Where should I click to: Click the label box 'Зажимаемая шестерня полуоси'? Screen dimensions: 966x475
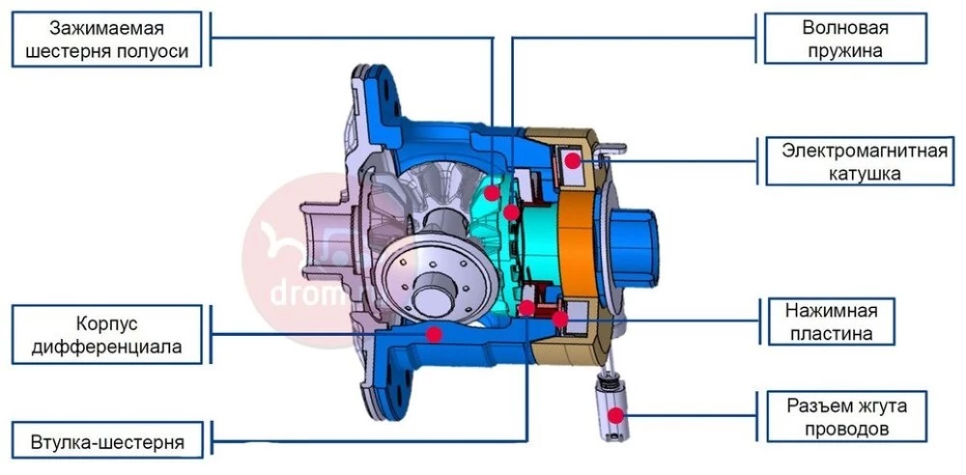(x=107, y=39)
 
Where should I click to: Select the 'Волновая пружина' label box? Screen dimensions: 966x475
(x=845, y=39)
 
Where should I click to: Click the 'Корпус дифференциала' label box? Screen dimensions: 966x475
(x=107, y=335)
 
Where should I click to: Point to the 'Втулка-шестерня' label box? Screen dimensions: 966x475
(x=107, y=441)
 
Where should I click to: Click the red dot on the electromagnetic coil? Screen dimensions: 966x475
(x=573, y=161)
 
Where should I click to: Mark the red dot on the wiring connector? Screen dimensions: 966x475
(x=615, y=416)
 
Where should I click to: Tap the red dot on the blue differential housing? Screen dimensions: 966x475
(x=435, y=335)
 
